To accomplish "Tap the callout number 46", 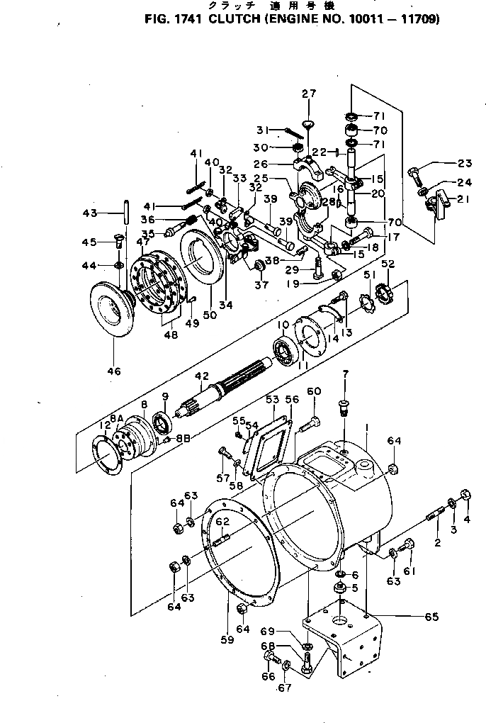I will click(113, 371).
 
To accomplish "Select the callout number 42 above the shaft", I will click(202, 376).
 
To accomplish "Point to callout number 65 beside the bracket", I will click(431, 617).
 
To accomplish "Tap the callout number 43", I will click(109, 212).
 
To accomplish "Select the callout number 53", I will click(272, 400).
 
